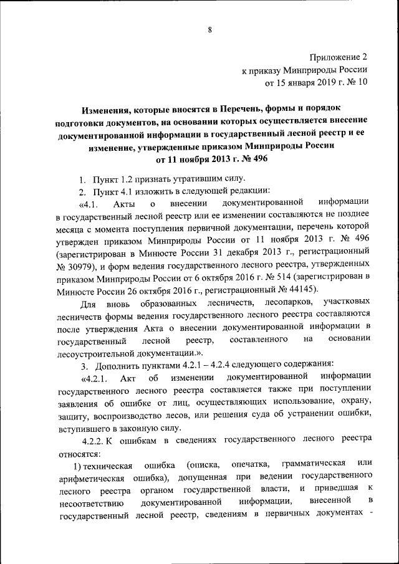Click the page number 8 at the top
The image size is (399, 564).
(x=210, y=29)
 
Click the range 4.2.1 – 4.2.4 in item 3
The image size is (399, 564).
(x=177, y=363)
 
